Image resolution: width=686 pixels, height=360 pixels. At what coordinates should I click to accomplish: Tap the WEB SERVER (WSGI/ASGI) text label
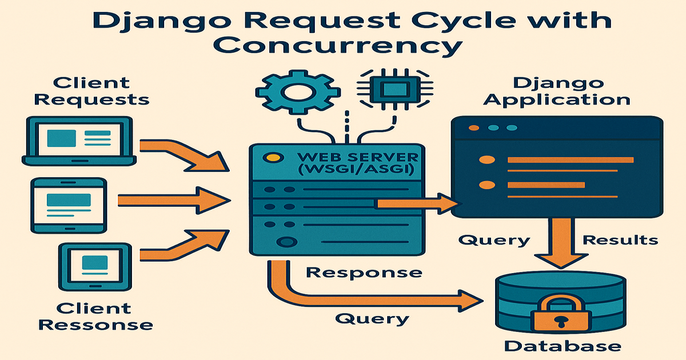coord(354,163)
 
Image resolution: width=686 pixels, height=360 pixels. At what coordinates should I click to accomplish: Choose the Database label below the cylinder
coord(562,345)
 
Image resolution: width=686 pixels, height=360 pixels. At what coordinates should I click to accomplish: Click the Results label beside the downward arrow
coord(620,239)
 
